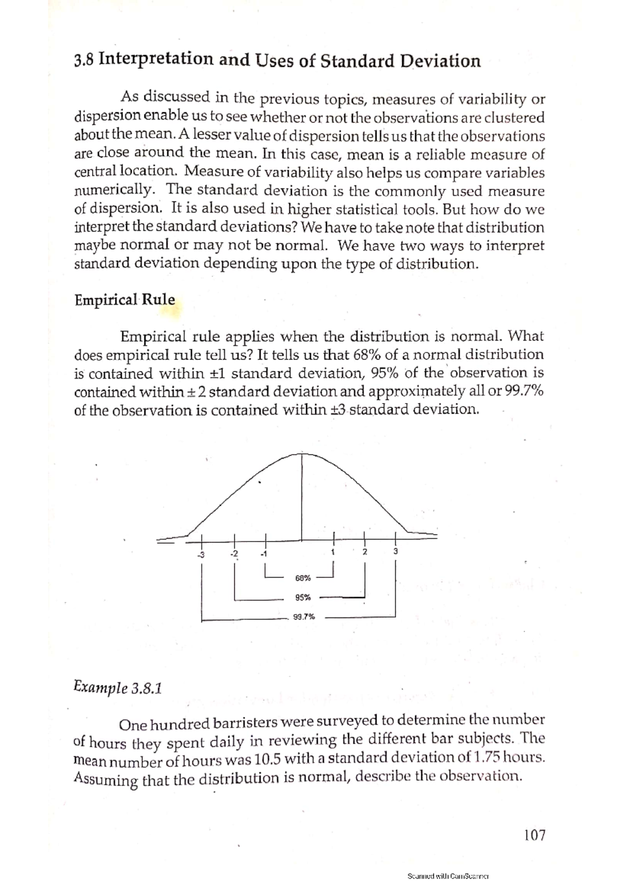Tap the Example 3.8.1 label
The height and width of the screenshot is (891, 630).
coord(118,687)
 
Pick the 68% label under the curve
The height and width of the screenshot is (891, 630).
coord(303,578)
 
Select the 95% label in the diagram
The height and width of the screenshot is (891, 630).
coord(303,597)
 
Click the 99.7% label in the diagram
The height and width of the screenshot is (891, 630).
coord(304,617)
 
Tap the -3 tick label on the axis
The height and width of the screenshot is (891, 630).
coord(200,554)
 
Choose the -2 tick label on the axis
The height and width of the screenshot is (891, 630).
coord(234,554)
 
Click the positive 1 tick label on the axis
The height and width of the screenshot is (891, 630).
coord(333,552)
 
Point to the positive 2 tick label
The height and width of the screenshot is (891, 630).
coord(364,552)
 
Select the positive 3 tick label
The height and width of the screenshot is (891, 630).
coord(395,551)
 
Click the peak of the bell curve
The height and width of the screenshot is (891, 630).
coord(301,453)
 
